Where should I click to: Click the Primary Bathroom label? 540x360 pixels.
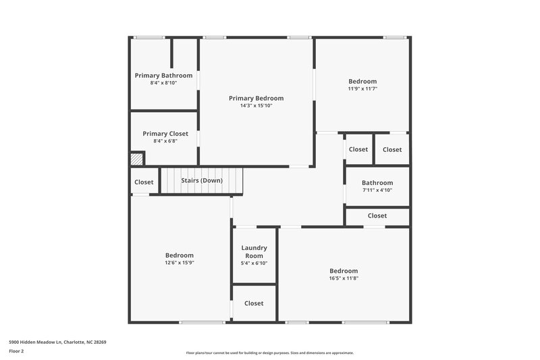click(x=163, y=75)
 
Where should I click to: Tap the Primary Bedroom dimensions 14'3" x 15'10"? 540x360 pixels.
click(x=256, y=105)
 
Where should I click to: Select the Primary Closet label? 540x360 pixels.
click(x=165, y=134)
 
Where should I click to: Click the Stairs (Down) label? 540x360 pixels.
click(x=201, y=180)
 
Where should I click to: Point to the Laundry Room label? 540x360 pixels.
click(x=254, y=252)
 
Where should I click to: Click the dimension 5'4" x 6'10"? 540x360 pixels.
click(x=254, y=263)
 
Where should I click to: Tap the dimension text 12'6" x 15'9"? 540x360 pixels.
click(x=180, y=263)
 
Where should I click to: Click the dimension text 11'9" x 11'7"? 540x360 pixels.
click(x=362, y=88)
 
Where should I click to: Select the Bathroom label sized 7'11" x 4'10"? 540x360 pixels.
click(x=377, y=182)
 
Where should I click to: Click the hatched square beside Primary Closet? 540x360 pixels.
click(x=137, y=159)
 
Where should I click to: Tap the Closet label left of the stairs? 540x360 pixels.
click(x=144, y=182)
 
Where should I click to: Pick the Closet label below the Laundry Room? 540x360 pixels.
click(x=254, y=303)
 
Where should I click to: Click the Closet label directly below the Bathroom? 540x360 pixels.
click(x=377, y=215)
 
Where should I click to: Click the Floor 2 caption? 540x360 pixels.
click(x=16, y=351)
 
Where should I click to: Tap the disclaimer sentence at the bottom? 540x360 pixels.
click(x=269, y=353)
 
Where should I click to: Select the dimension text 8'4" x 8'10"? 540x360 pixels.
click(x=163, y=82)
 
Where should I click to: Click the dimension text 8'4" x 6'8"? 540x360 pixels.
click(x=165, y=141)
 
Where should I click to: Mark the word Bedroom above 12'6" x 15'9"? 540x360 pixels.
click(x=180, y=255)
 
